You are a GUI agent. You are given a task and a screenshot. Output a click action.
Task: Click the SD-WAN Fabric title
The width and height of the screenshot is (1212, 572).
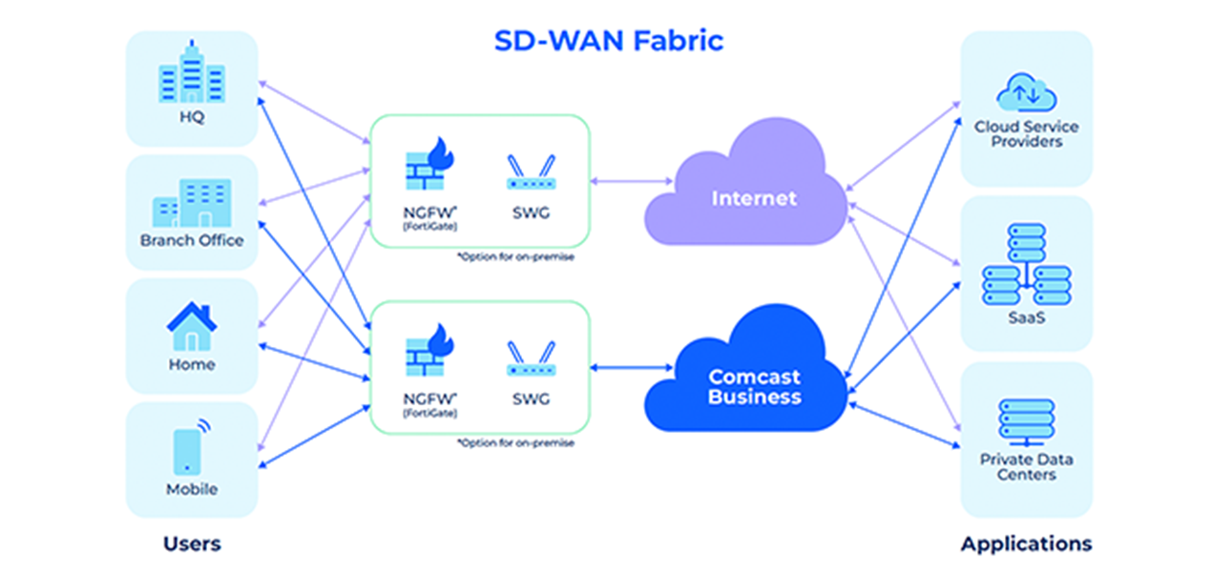tap(609, 41)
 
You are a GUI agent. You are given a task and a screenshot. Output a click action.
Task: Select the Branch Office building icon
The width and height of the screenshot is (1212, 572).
tap(192, 203)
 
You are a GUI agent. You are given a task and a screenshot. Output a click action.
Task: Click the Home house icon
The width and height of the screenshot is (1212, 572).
tap(192, 326)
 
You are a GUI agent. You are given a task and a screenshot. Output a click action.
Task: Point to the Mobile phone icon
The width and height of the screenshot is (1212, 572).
tap(192, 446)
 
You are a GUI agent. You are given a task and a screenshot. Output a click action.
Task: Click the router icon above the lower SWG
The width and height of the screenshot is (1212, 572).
tap(531, 358)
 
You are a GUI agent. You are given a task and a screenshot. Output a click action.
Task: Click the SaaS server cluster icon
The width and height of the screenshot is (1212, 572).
tap(1027, 264)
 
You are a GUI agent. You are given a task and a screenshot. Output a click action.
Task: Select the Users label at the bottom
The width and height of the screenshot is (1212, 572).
tap(192, 543)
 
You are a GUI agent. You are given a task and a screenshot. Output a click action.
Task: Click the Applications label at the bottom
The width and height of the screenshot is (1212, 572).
tap(1027, 544)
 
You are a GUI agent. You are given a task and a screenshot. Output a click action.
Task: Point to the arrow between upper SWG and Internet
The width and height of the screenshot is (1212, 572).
tap(632, 181)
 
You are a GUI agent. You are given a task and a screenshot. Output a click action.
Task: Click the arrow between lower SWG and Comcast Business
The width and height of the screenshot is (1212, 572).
tap(632, 368)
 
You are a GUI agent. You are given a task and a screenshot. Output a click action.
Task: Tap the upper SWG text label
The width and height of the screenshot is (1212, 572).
tap(531, 213)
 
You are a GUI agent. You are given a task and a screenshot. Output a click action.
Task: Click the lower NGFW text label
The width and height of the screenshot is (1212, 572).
tap(430, 399)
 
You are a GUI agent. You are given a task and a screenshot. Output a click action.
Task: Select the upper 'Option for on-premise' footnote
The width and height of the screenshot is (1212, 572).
tap(515, 256)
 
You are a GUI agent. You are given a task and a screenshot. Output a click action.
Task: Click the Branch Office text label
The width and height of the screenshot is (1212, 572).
tap(192, 240)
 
